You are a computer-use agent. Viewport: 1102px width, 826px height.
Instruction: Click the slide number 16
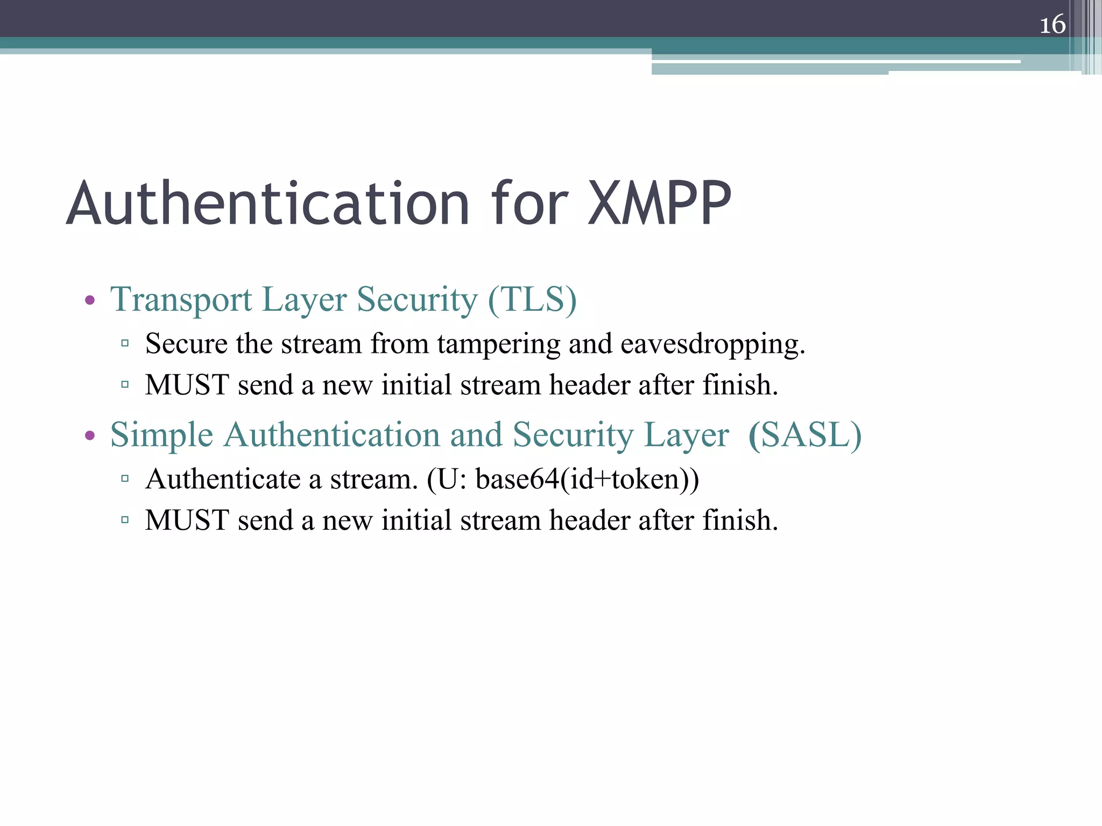pyautogui.click(x=1052, y=25)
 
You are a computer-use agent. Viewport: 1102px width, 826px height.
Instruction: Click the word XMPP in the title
pyautogui.click(x=660, y=204)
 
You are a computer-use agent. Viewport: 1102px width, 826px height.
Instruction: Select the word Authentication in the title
pyautogui.click(x=268, y=204)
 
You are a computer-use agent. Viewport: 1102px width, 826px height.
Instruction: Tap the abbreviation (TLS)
pyautogui.click(x=532, y=299)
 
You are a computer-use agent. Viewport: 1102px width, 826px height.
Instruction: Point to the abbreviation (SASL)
pyautogui.click(x=805, y=435)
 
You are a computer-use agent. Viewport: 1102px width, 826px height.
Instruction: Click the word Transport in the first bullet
pyautogui.click(x=181, y=299)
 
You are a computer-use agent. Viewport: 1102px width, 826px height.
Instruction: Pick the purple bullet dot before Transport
pyautogui.click(x=90, y=300)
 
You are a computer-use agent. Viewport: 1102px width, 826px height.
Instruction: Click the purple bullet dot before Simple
pyautogui.click(x=90, y=436)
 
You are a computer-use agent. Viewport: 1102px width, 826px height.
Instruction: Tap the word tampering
pyautogui.click(x=498, y=344)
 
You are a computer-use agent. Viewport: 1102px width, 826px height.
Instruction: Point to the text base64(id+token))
pyautogui.click(x=587, y=479)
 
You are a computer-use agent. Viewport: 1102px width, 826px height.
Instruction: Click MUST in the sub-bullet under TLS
pyautogui.click(x=187, y=385)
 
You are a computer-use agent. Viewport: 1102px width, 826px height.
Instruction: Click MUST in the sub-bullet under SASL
pyautogui.click(x=187, y=521)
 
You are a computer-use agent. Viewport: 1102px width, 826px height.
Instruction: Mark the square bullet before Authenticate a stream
pyautogui.click(x=125, y=478)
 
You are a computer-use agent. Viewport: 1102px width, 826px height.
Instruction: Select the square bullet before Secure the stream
pyautogui.click(x=125, y=343)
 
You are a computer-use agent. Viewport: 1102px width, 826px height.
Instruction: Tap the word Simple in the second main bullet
pyautogui.click(x=161, y=435)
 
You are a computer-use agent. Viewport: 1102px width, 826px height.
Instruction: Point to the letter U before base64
pyautogui.click(x=448, y=479)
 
